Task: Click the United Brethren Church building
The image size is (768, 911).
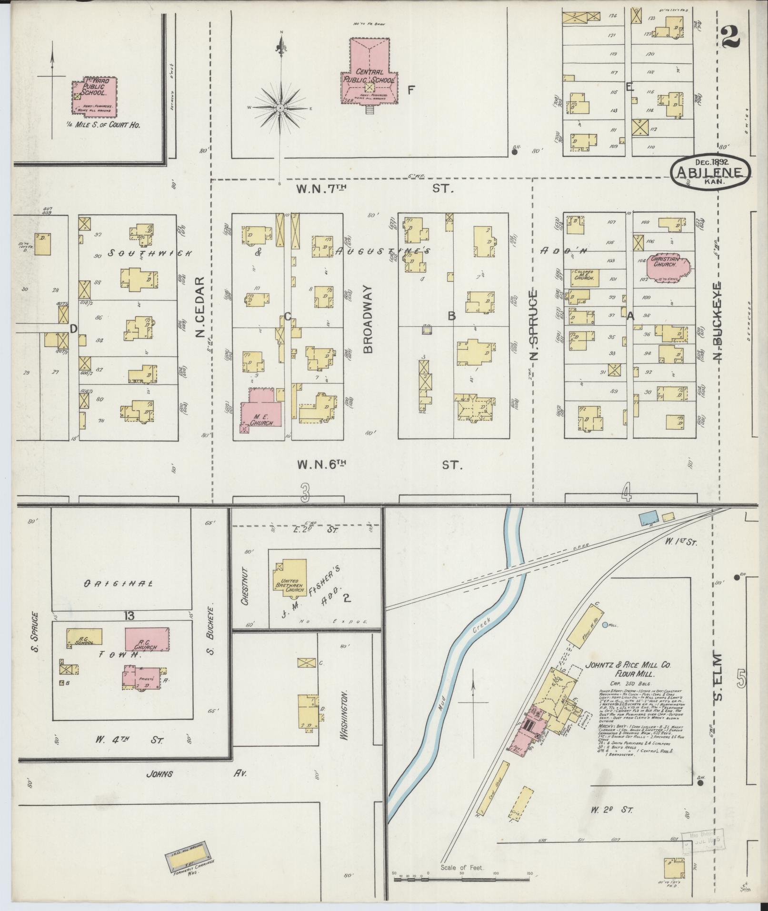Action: point(290,579)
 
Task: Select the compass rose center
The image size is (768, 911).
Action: point(281,108)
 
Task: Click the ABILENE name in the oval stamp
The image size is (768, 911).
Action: point(710,171)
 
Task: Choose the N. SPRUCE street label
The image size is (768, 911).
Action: point(534,324)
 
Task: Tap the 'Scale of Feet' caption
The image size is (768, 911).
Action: point(462,868)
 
